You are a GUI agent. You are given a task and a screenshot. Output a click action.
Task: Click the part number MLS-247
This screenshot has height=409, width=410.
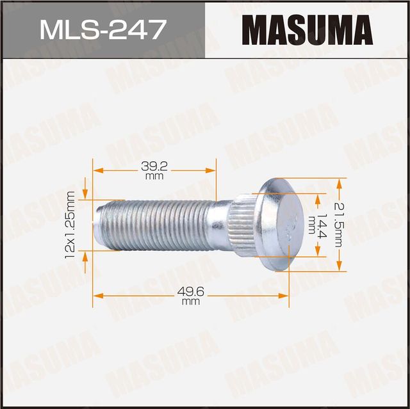coord(102,29)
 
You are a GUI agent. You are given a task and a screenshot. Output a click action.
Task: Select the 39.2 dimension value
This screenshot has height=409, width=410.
coord(152,165)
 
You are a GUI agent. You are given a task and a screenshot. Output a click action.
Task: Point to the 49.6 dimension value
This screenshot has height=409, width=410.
coord(190,291)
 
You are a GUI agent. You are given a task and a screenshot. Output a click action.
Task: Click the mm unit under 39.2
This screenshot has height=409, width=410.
coord(152,175)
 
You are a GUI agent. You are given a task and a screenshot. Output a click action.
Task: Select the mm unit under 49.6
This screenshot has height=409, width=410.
coord(190,301)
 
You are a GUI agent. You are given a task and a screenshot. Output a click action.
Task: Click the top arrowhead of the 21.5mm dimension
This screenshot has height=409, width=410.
coord(340,182)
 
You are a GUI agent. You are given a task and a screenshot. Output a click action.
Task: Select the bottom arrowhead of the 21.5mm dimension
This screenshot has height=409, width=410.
coord(340,268)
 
